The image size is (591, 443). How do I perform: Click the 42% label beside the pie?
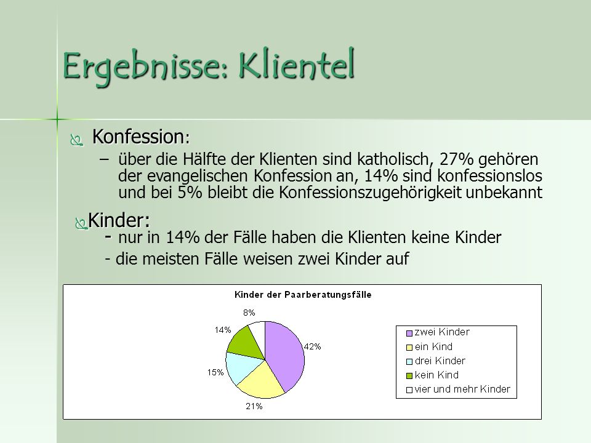click(x=313, y=346)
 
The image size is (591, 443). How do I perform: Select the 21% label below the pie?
click(x=254, y=406)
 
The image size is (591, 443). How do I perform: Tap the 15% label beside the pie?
click(x=215, y=372)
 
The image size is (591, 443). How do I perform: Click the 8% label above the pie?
click(x=249, y=313)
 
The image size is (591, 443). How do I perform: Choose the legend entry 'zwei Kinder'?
click(x=438, y=332)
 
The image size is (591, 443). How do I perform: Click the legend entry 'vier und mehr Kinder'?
click(x=458, y=389)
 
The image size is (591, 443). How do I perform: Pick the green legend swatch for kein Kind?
click(x=409, y=376)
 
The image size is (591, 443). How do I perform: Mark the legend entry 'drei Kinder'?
click(x=436, y=361)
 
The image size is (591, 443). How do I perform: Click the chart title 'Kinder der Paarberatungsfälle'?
click(x=303, y=295)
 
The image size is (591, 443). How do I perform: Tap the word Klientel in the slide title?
click(x=296, y=64)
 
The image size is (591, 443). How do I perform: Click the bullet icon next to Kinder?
click(x=81, y=223)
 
